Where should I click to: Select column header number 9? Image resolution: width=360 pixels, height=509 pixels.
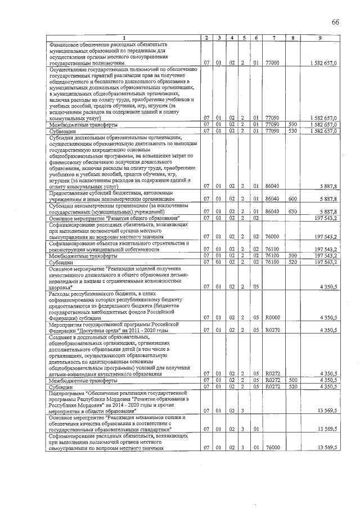pyautogui.click(x=319, y=38)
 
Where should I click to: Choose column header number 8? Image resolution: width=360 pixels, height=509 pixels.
pyautogui.click(x=292, y=38)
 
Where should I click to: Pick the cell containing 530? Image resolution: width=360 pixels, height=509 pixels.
pyautogui.click(x=292, y=131)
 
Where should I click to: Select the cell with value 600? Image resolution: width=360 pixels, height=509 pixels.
pyautogui.click(x=292, y=199)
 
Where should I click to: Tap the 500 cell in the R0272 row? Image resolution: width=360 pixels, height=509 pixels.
pyautogui.click(x=292, y=380)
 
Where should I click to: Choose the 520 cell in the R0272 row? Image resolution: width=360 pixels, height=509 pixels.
pyautogui.click(x=292, y=386)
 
